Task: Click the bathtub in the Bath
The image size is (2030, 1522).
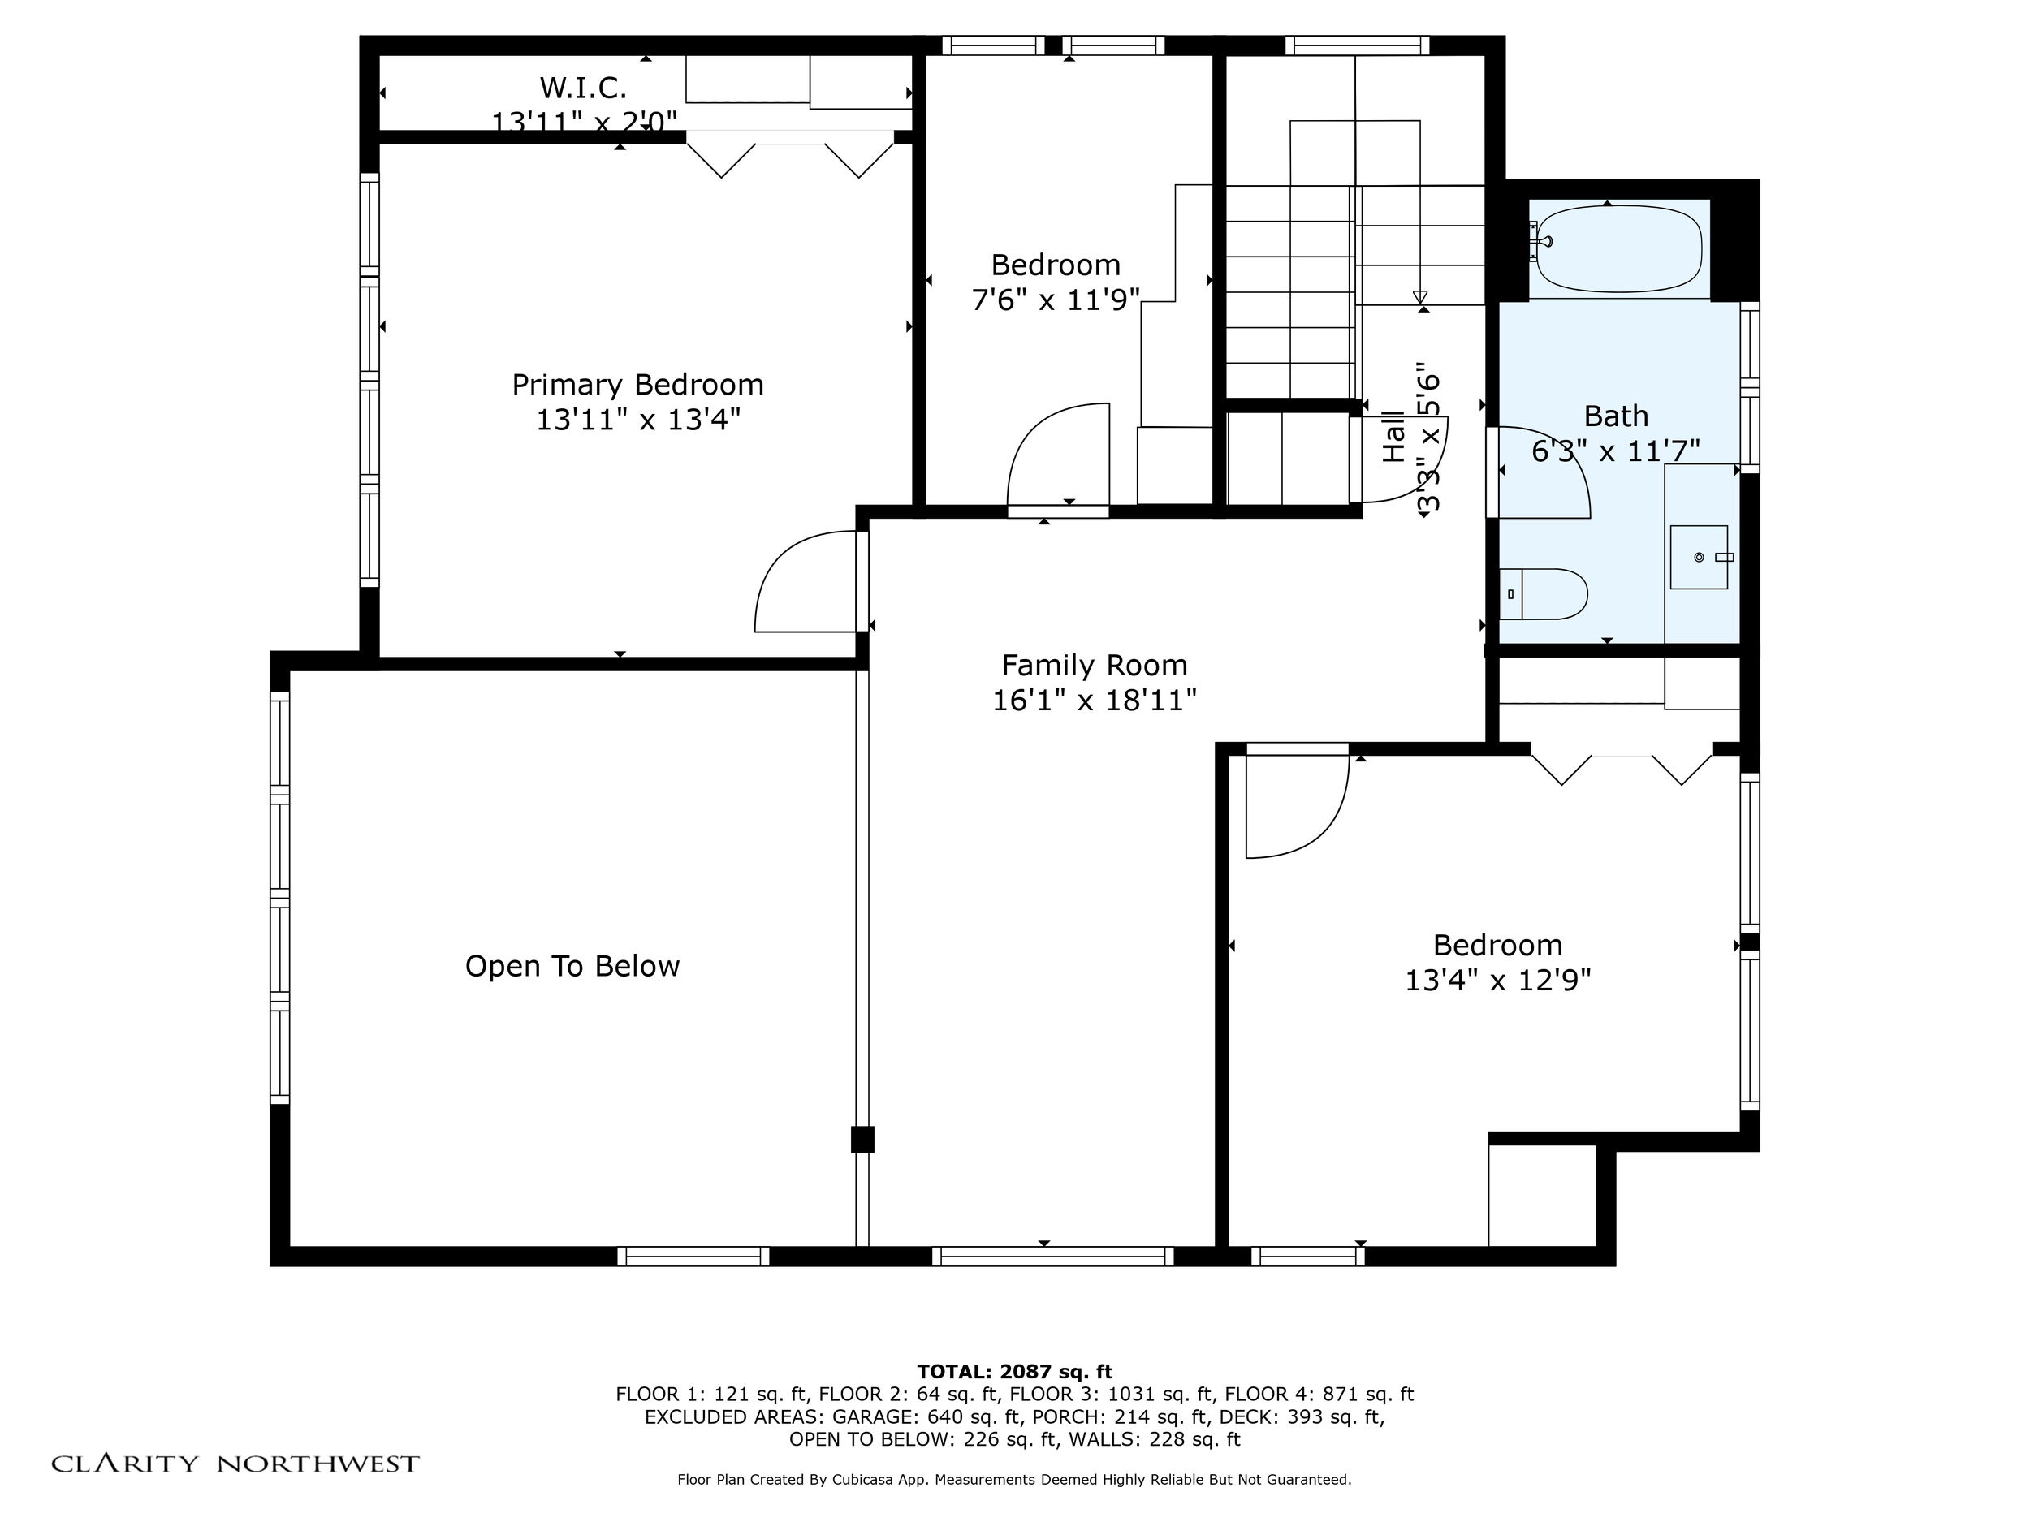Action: click(x=1618, y=248)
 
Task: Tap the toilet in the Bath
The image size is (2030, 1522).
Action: click(x=1544, y=593)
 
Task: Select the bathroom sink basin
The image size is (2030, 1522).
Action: click(x=1699, y=557)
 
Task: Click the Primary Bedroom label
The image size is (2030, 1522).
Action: click(x=637, y=385)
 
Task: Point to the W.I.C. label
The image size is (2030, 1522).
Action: click(x=583, y=88)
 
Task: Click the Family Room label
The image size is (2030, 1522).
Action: click(x=1094, y=665)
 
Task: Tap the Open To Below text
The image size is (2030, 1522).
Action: click(x=572, y=966)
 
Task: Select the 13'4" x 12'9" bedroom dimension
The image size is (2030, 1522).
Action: click(x=1497, y=981)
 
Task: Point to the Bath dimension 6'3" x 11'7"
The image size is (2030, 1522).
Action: click(x=1616, y=451)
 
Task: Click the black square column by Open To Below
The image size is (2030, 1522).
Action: click(x=862, y=1139)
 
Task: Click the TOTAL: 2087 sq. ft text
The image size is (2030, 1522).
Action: click(x=1014, y=1372)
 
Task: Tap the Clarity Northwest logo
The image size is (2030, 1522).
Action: click(x=235, y=1464)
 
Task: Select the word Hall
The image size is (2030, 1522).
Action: click(x=1393, y=437)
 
